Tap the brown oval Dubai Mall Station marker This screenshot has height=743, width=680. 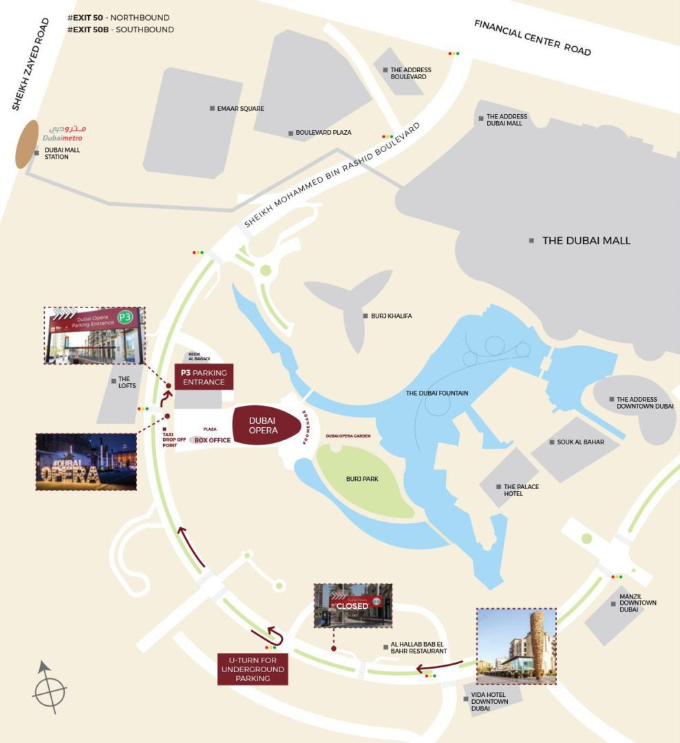[x=28, y=144]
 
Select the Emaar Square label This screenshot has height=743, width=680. [x=241, y=109]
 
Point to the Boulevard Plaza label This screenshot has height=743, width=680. [x=323, y=133]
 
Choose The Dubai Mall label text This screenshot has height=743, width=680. [x=586, y=241]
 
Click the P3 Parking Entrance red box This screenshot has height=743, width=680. [x=204, y=377]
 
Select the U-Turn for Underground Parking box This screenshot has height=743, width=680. [x=253, y=669]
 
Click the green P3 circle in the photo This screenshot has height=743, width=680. [x=125, y=317]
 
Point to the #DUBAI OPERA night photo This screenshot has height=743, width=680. [x=86, y=462]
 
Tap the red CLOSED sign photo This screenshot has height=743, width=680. [x=352, y=605]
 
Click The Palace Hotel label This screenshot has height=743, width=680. [x=521, y=490]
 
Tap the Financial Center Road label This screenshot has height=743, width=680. [x=532, y=38]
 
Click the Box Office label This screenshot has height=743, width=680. [x=212, y=440]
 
